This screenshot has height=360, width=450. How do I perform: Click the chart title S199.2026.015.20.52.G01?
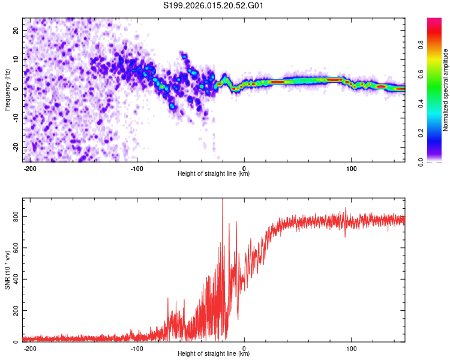[214, 5]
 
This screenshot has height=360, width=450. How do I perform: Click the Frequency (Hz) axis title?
[8, 89]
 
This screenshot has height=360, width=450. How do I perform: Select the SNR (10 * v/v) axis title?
[8, 269]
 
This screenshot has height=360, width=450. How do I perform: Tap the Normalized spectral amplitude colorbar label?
[446, 89]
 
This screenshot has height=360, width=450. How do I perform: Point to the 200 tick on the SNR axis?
[14, 311]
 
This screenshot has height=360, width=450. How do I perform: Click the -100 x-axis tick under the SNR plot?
[136, 348]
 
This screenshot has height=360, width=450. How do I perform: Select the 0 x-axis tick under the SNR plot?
[244, 348]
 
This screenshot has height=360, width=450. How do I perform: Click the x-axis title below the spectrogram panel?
[214, 174]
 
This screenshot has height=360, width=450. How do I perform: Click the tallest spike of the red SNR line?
[223, 200]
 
